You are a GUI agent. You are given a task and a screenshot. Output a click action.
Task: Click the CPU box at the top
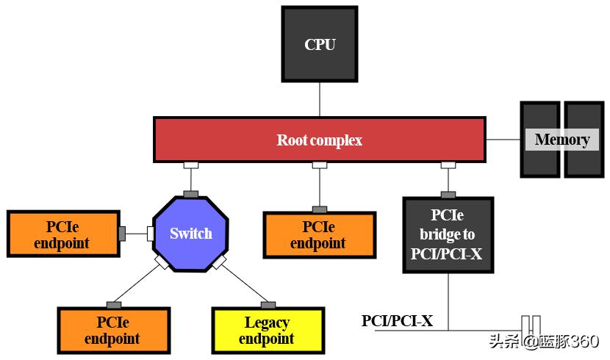pyautogui.click(x=320, y=44)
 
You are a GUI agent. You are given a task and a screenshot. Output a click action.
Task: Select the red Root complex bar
pyautogui.click(x=319, y=140)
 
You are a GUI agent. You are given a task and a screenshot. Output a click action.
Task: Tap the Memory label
pyautogui.click(x=562, y=140)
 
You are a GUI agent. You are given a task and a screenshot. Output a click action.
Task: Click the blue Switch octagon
pyautogui.click(x=191, y=234)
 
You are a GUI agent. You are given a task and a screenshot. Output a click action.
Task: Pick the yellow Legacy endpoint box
pyautogui.click(x=268, y=331)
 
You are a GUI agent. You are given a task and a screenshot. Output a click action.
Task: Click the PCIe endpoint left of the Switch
pyautogui.click(x=62, y=234)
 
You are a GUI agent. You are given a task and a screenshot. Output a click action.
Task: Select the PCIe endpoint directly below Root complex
pyautogui.click(x=319, y=234)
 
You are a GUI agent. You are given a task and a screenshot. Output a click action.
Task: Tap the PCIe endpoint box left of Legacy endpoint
pyautogui.click(x=113, y=331)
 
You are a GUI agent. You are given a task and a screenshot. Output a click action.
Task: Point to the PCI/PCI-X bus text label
pyautogui.click(x=397, y=321)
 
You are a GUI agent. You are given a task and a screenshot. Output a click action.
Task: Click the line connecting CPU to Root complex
pyautogui.click(x=320, y=98)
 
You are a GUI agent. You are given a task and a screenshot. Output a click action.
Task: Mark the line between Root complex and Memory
pyautogui.click(x=503, y=140)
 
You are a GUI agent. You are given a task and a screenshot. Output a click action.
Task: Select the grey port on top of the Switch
pyautogui.click(x=191, y=194)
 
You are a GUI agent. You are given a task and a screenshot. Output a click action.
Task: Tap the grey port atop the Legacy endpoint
pyautogui.click(x=268, y=304)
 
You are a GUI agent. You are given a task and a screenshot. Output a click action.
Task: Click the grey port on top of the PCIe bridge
pyautogui.click(x=448, y=195)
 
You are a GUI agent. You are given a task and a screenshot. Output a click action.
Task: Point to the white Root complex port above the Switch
pyautogui.click(x=191, y=165)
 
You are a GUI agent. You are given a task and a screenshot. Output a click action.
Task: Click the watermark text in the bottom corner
pyautogui.click(x=543, y=342)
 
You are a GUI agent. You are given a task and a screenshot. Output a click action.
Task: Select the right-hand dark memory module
pyautogui.click(x=584, y=140)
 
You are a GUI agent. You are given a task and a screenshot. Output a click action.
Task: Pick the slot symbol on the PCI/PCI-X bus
pyautogui.click(x=531, y=323)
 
